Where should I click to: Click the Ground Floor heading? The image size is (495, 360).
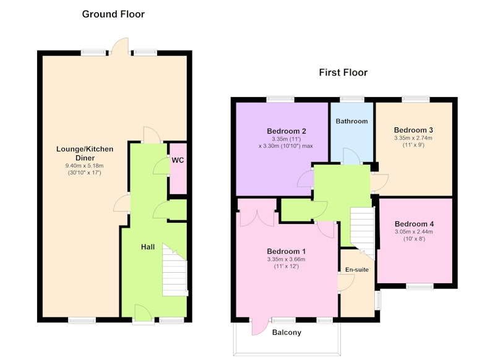[x=113, y=14]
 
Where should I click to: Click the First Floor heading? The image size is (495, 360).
[x=343, y=72]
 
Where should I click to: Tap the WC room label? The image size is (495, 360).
[x=178, y=160]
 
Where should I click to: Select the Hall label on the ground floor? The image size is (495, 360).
[x=148, y=247]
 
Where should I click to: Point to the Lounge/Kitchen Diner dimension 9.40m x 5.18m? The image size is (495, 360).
[x=85, y=166]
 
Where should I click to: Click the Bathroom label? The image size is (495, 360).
[x=351, y=121]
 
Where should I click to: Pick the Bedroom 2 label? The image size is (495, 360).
[x=286, y=131]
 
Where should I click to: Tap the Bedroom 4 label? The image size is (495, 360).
[x=414, y=224]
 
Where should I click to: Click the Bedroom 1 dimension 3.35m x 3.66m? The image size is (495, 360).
[x=286, y=259]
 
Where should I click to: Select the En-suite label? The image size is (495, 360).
[x=357, y=270]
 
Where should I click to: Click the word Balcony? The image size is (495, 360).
[x=286, y=332]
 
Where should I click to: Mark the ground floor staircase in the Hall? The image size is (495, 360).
[x=175, y=270]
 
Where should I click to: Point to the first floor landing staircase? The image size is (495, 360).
[x=363, y=232]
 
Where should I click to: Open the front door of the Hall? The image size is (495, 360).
[x=144, y=314]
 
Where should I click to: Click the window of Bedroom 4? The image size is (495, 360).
[x=420, y=286]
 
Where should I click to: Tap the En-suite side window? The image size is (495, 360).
[x=378, y=300]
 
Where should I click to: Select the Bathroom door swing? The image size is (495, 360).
[x=351, y=156]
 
